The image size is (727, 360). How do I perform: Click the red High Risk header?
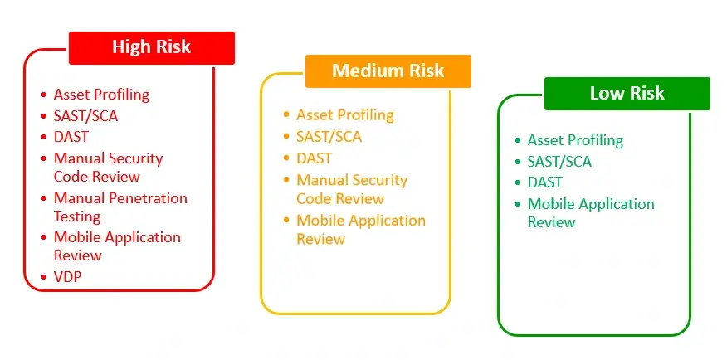tap(151, 47)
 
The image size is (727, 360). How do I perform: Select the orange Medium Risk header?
tap(388, 71)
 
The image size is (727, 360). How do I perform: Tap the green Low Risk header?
tap(627, 93)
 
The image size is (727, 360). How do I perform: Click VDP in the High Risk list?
tap(68, 277)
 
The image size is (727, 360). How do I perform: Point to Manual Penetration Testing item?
tap(120, 207)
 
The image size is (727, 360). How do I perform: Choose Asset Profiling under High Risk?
tap(101, 95)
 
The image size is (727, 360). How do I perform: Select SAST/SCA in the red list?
tap(85, 116)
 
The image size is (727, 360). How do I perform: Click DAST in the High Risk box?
tap(71, 137)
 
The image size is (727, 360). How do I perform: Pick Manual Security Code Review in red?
tap(108, 167)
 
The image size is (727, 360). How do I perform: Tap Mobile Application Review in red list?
tap(116, 246)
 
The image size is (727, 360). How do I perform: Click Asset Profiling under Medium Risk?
tap(344, 114)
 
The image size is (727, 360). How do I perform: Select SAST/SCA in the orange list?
tap(329, 136)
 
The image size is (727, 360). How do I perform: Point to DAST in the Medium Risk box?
tap(314, 158)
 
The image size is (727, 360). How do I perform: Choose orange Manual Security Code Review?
tap(351, 189)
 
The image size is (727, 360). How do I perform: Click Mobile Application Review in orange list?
tap(360, 230)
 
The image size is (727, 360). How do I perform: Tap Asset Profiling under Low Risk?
tap(575, 140)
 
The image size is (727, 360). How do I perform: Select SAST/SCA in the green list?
tap(559, 162)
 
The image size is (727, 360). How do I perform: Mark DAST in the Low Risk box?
tap(544, 182)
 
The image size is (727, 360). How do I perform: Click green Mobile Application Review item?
tap(590, 212)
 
